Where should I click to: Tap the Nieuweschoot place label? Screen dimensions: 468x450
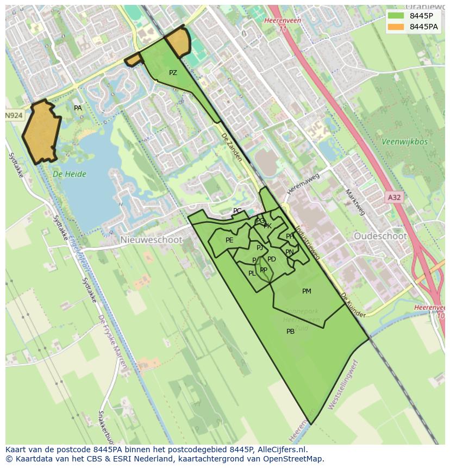tap(144, 240)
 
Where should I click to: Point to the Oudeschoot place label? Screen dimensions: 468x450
tap(380, 236)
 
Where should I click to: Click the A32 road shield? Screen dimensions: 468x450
tap(394, 197)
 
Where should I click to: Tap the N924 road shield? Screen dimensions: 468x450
tap(15, 116)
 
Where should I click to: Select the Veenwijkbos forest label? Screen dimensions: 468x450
tap(404, 142)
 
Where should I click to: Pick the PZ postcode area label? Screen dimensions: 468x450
tap(173, 73)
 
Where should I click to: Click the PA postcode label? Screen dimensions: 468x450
tap(78, 108)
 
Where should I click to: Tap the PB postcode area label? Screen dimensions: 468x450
tap(290, 332)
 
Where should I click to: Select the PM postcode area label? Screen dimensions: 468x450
tap(307, 291)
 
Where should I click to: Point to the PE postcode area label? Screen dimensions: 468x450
tap(229, 240)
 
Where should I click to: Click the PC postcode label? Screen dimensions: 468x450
tap(237, 211)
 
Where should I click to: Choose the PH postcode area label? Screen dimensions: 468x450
tap(290, 236)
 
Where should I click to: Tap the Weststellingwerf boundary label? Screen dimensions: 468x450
tap(343, 384)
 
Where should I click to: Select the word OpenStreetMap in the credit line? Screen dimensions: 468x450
tap(293, 459)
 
